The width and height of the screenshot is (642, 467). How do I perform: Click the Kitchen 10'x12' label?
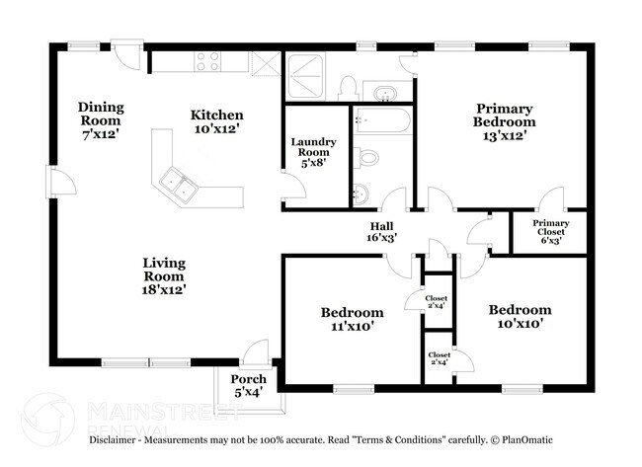(x=215, y=121)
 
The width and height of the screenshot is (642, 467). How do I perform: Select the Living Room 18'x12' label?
(x=164, y=275)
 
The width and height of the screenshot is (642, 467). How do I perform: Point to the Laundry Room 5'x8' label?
(x=313, y=154)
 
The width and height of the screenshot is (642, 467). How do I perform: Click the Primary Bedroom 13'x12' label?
(x=504, y=121)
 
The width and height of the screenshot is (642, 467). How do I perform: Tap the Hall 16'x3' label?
(x=382, y=232)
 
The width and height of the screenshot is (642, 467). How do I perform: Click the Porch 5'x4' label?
(x=248, y=385)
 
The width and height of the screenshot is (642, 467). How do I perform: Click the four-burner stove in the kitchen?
(x=208, y=61)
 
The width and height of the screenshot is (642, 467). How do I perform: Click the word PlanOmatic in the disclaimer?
(x=524, y=439)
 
